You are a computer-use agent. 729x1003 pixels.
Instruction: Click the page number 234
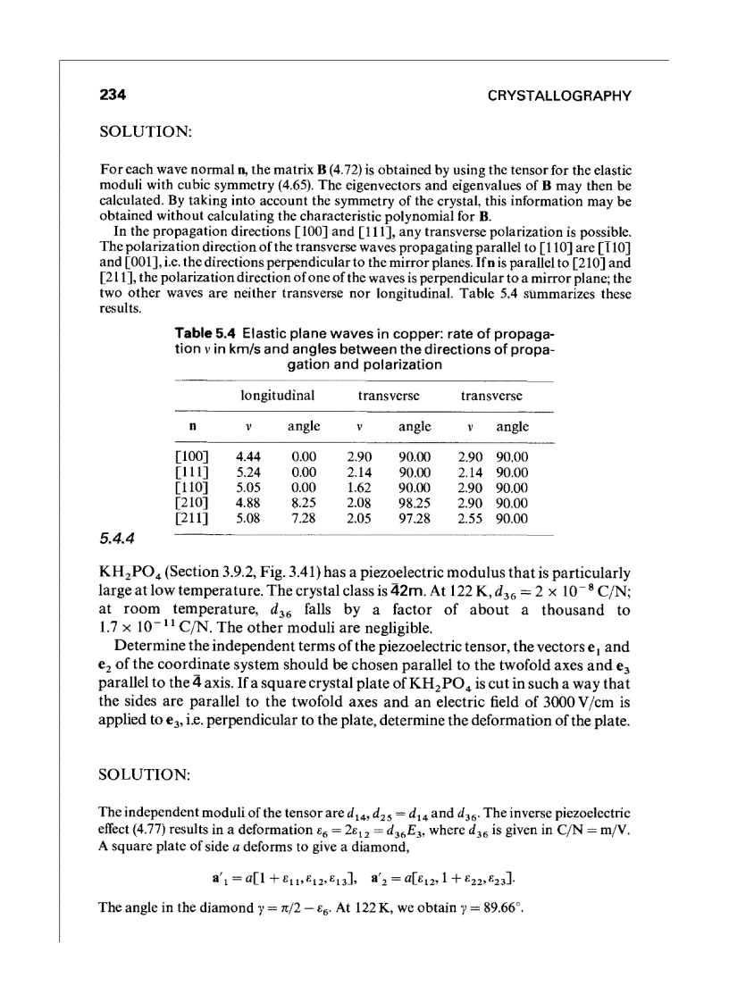coord(113,96)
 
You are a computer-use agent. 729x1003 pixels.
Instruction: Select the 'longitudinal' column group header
coord(277,394)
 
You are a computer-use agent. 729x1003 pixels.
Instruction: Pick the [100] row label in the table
coord(194,456)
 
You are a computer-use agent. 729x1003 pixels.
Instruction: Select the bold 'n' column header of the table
coord(194,427)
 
